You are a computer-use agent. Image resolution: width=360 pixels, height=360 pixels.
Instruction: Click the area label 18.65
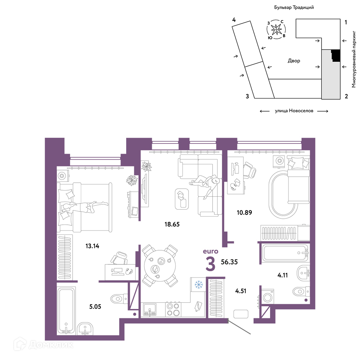coord(172,224)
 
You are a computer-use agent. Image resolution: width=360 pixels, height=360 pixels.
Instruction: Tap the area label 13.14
coord(92,246)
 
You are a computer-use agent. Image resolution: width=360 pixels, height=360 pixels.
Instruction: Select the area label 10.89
coord(244,213)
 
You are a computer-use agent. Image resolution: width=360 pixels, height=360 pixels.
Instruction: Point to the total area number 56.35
coord(229,262)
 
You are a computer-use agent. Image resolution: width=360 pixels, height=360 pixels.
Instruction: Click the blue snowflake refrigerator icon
coord(199,285)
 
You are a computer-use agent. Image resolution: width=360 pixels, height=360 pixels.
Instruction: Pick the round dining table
coord(160,266)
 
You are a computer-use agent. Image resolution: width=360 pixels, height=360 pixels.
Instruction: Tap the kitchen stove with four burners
coord(173,309)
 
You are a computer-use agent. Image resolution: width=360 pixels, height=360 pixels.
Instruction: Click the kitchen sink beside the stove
coord(150,310)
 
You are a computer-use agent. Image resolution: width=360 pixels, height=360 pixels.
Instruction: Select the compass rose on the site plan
coord(276,29)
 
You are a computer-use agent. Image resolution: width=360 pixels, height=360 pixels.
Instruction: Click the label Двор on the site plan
coord(294,61)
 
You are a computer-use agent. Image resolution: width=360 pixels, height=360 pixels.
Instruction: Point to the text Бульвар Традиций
coord(294,7)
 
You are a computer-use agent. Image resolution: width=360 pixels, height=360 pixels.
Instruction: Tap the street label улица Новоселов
coord(294,111)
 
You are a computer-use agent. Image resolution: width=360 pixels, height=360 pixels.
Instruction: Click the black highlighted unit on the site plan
coord(336,56)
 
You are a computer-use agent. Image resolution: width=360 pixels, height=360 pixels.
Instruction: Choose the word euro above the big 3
coord(210,252)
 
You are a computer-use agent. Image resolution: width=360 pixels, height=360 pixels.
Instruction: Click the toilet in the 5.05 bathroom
coord(119,299)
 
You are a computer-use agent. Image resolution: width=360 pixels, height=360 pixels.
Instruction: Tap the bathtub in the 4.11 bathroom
coord(285,253)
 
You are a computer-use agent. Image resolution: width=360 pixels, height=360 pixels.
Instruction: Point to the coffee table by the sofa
coord(182,199)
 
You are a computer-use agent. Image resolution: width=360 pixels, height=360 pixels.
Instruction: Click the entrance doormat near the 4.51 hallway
coord(241,314)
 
